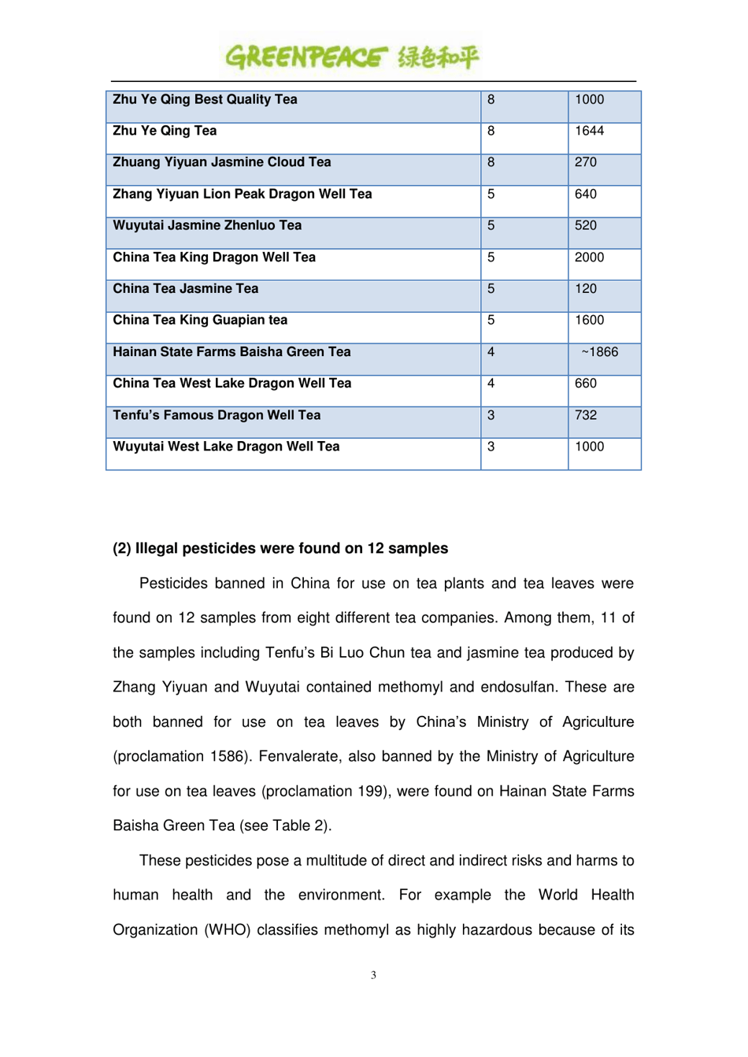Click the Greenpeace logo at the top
click(352, 57)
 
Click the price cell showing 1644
click(589, 131)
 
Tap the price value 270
click(586, 162)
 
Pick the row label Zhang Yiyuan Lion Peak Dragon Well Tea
click(242, 194)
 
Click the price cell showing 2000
click(589, 258)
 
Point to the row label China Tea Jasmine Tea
click(185, 289)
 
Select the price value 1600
click(589, 321)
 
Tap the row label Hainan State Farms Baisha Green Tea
click(231, 352)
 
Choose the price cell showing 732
click(586, 415)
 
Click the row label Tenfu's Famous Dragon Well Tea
click(217, 415)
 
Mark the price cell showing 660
click(586, 384)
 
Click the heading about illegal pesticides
click(280, 548)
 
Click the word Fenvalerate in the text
click(299, 756)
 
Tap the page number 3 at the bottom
click(373, 975)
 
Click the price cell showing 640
click(586, 194)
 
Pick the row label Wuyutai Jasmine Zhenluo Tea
click(207, 225)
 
